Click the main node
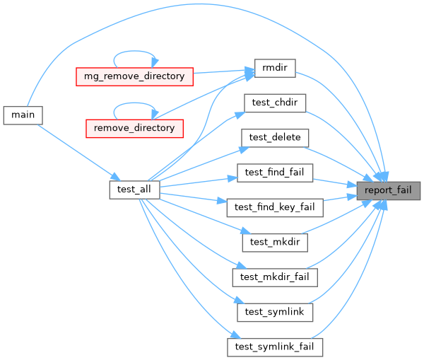coord(23,114)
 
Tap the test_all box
coord(135,190)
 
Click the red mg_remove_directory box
coord(134,75)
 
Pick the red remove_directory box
coord(134,128)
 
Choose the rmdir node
coord(273,68)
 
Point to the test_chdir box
coord(274,102)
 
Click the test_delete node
coord(274,137)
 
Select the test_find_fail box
coord(274,172)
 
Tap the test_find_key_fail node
coord(274,207)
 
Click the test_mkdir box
coord(274,242)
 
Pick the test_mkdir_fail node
coord(274,277)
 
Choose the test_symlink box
coord(274,311)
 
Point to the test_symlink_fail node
coord(274,347)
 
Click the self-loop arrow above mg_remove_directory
coord(134,51)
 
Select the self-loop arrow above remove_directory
coord(134,104)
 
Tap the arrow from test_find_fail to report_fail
coord(332,181)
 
